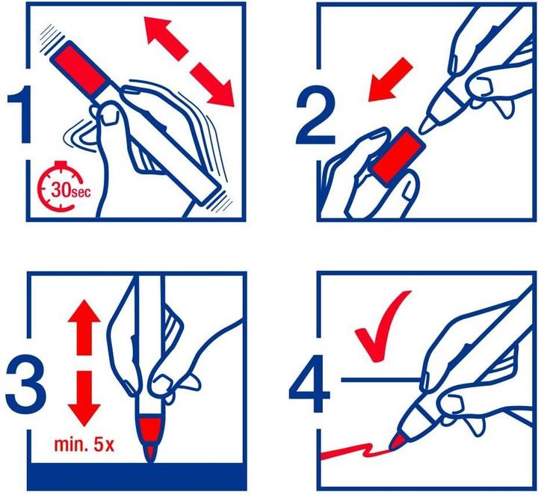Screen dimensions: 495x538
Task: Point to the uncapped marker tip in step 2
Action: pyautogui.click(x=428, y=120)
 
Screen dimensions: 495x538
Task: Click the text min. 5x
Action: pyautogui.click(x=82, y=447)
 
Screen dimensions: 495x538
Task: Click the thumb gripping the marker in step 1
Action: pyautogui.click(x=111, y=114)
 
